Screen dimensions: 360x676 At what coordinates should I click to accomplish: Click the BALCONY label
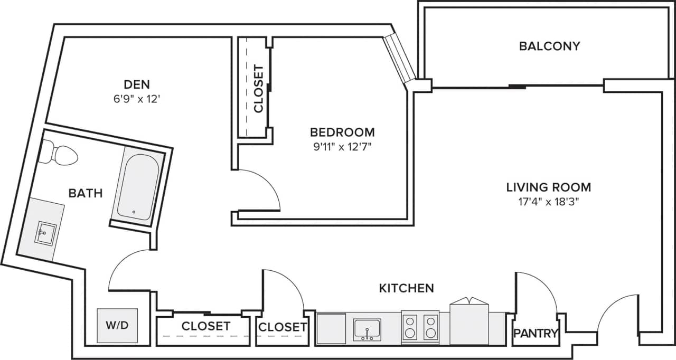point(549,46)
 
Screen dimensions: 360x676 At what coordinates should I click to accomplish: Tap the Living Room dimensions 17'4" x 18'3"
point(549,201)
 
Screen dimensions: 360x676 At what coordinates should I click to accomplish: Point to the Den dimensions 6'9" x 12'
point(137,98)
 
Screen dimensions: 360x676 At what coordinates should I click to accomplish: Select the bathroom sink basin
point(46,232)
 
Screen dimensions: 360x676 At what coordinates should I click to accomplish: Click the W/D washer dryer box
point(117,325)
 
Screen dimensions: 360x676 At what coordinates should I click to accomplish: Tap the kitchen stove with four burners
point(420,327)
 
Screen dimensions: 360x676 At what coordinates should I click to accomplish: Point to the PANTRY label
point(536,334)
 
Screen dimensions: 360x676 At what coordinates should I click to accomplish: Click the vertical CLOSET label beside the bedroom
point(258,89)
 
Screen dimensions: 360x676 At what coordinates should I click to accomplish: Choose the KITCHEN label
point(407,288)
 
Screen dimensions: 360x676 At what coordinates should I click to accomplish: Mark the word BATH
point(86,193)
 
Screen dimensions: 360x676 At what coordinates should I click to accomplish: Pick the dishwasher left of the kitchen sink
point(331,328)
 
